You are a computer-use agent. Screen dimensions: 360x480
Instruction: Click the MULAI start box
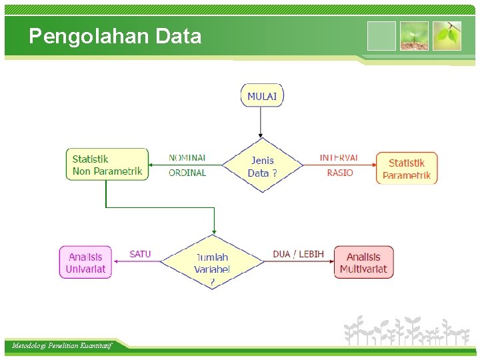pyautogui.click(x=262, y=95)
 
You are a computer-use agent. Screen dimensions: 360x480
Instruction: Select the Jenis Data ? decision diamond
pyautogui.click(x=262, y=166)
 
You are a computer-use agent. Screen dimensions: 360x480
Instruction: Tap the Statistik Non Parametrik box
pyautogui.click(x=107, y=164)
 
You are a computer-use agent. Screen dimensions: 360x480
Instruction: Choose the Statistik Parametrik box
pyautogui.click(x=407, y=169)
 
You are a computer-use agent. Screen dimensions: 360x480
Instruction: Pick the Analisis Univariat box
pyautogui.click(x=85, y=263)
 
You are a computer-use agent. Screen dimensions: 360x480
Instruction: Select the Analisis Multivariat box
pyautogui.click(x=363, y=263)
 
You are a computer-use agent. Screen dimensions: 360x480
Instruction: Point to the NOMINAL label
pyautogui.click(x=187, y=158)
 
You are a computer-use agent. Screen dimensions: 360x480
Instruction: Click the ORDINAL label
pyautogui.click(x=187, y=173)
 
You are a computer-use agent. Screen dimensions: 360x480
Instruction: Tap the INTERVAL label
pyautogui.click(x=339, y=158)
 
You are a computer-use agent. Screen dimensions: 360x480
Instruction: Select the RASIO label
pyautogui.click(x=340, y=173)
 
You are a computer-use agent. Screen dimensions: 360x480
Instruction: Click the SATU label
pyautogui.click(x=140, y=254)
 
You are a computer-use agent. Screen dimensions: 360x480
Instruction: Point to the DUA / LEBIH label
pyautogui.click(x=298, y=254)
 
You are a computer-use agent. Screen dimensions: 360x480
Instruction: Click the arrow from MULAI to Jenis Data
pyautogui.click(x=261, y=122)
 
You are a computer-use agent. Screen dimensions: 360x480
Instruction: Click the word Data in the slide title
pyautogui.click(x=178, y=36)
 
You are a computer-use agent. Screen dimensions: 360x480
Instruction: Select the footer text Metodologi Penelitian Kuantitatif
pyautogui.click(x=62, y=345)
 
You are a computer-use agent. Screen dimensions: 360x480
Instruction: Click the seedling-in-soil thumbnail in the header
pyautogui.click(x=414, y=36)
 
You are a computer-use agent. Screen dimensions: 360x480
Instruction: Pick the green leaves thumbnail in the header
pyautogui.click(x=447, y=36)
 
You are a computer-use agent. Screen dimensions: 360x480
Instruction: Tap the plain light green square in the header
pyautogui.click(x=381, y=36)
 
